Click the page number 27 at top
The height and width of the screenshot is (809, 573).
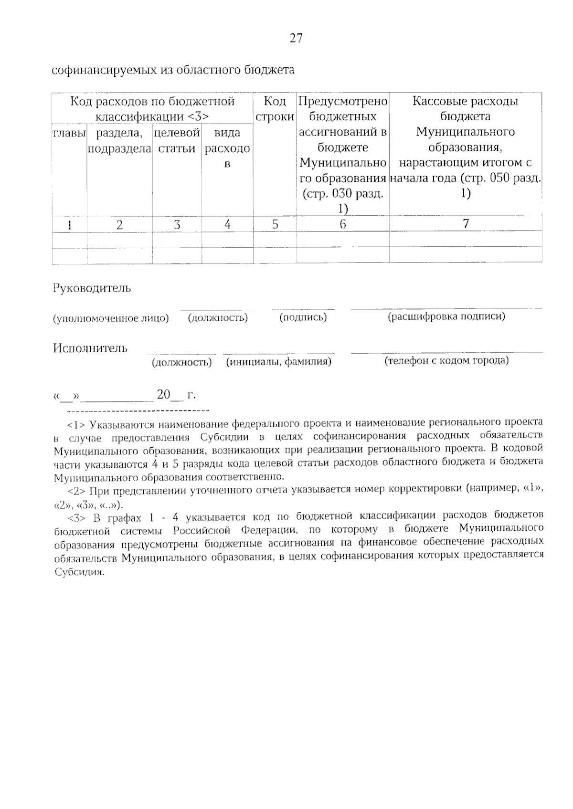coord(296,39)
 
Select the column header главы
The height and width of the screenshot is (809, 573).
coord(69,133)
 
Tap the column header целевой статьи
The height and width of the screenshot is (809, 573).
coord(177,140)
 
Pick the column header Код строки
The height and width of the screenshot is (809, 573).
coord(275,109)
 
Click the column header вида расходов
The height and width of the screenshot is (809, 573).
coord(227,148)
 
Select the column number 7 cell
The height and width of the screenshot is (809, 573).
coord(466,224)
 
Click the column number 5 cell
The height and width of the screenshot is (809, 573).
coord(275,224)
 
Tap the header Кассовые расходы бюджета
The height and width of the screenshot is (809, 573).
coord(466,109)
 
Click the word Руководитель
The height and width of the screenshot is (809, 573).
coord(92,288)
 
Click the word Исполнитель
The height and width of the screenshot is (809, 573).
coord(90,348)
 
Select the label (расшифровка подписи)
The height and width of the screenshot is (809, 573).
coord(446,316)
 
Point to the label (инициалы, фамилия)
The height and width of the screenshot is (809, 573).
coord(279,362)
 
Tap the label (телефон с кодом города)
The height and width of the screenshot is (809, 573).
coord(446,361)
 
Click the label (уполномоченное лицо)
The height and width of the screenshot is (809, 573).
coord(111,318)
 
